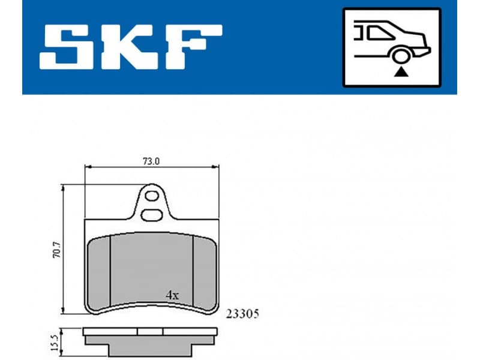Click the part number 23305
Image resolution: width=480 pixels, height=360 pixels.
[242, 314]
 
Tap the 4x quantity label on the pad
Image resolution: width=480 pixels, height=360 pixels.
[172, 295]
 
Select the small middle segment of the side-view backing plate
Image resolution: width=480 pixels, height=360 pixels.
[150, 331]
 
